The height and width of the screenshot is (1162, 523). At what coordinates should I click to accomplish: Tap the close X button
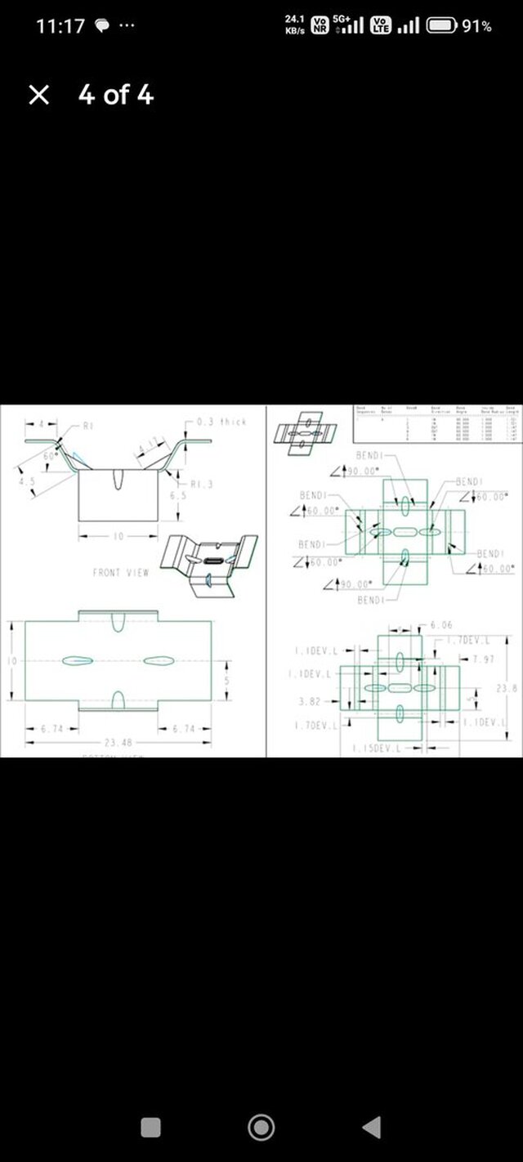[38, 96]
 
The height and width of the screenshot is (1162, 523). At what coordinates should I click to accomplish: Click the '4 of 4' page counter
[115, 96]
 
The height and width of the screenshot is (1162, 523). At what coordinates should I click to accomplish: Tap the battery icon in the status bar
[441, 26]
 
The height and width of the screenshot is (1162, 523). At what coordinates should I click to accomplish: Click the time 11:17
[60, 26]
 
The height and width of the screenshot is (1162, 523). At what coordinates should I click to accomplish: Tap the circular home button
[261, 1128]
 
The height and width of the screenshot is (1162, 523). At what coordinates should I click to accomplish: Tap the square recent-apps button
[150, 1128]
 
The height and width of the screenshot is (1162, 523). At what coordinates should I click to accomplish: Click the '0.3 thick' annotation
[223, 422]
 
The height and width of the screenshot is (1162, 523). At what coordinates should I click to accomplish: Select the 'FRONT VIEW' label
[121, 573]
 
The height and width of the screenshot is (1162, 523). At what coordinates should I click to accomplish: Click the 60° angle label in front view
[50, 455]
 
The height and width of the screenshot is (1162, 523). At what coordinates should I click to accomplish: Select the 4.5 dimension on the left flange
[28, 481]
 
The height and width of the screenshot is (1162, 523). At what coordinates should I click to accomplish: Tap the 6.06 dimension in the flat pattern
[441, 625]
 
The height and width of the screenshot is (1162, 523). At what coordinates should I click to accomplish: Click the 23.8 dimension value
[507, 689]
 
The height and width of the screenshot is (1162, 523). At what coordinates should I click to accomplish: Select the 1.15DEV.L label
[377, 749]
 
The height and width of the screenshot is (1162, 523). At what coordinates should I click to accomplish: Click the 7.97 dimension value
[483, 659]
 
